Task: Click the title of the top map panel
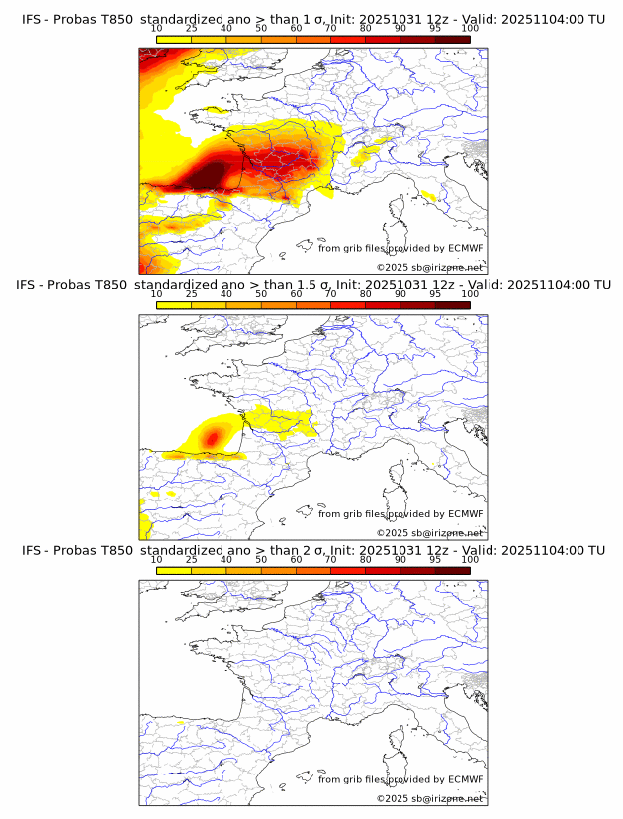[x=312, y=18]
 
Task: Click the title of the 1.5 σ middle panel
[x=312, y=284]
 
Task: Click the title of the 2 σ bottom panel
[x=312, y=550]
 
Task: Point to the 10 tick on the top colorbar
[x=156, y=29]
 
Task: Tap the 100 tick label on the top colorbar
[x=470, y=29]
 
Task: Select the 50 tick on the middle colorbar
[x=261, y=294]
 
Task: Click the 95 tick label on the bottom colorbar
[x=435, y=560]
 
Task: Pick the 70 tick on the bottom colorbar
[x=330, y=560]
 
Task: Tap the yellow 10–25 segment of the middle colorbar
[x=173, y=306]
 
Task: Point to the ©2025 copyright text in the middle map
[x=429, y=532]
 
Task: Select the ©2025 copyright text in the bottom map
[x=429, y=798]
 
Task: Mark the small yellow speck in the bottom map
[x=179, y=725]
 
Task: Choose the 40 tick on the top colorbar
[x=226, y=29]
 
